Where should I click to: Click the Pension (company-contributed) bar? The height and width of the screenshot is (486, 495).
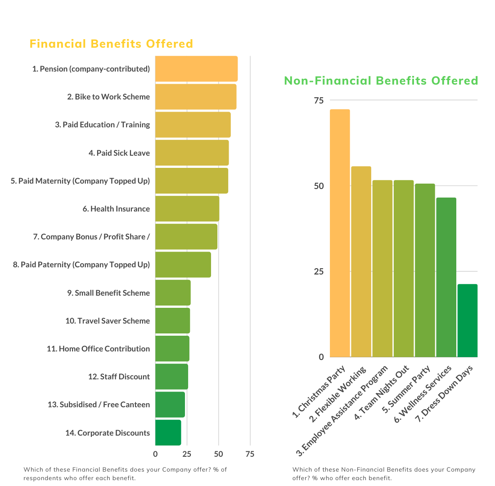coord(196,69)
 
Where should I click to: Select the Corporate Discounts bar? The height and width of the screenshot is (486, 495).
coord(168,432)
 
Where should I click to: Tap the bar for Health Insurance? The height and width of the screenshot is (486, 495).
coord(187,209)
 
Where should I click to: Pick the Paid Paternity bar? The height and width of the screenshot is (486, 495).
coord(183,265)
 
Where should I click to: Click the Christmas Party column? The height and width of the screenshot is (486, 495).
coord(340,233)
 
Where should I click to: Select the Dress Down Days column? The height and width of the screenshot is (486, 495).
coord(467,320)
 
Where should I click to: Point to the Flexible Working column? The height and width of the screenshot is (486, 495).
coord(361,261)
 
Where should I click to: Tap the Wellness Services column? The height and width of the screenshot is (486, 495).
coord(446,277)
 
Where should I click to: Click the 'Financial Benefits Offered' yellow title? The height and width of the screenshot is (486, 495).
coord(111,44)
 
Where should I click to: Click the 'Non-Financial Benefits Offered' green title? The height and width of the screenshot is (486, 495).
coord(381,81)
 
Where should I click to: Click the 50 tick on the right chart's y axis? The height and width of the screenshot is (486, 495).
coord(318,186)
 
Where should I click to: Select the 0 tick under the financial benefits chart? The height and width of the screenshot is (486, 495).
coord(155,454)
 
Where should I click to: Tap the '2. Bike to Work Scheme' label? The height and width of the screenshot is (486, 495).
coord(108,97)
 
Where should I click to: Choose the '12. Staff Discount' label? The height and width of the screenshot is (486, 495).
coord(119,377)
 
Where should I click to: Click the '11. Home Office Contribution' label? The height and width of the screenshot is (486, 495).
coord(98,349)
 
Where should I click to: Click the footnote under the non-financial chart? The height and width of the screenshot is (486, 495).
coord(383,473)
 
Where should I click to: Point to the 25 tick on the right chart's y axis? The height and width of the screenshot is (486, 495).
coord(318,271)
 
